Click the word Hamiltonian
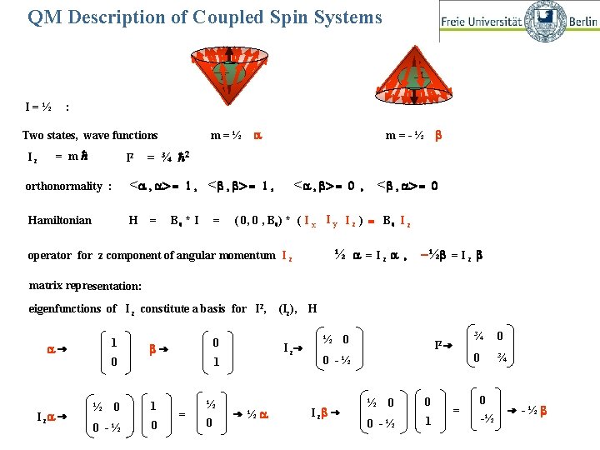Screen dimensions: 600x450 coord(60,220)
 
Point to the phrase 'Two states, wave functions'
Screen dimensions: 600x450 coord(90,135)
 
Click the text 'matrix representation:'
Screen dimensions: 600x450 coord(85,286)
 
